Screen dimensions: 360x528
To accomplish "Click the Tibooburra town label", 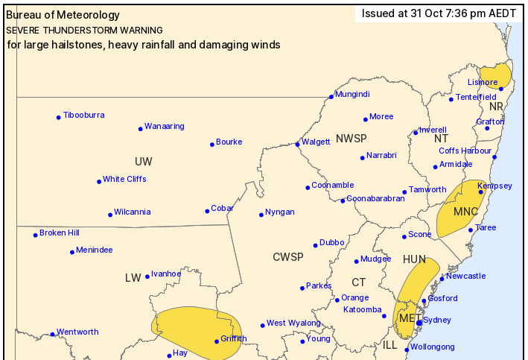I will point(83,116).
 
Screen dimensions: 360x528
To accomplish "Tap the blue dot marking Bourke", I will point(211,144).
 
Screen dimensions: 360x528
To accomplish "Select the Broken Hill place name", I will point(59,233).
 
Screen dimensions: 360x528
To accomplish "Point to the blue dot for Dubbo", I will point(316,244).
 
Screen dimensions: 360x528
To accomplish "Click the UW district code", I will point(144,162).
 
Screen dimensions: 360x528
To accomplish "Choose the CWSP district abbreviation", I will point(287,257).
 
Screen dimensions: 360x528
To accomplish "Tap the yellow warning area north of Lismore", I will point(495,74).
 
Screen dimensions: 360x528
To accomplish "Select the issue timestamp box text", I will point(438,13).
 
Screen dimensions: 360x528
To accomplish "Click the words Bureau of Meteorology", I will point(63,13).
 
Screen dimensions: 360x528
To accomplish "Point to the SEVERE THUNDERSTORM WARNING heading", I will point(84,31).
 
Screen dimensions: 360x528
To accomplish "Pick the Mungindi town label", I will point(352,95).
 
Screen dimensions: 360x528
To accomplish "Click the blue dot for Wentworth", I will point(51,334).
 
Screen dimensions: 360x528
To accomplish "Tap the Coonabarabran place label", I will point(376,198).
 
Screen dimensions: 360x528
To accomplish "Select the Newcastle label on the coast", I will point(467,276).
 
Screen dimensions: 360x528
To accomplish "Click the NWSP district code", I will point(351,139).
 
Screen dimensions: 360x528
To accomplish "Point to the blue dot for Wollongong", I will point(407,349).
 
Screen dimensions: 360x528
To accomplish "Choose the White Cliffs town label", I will point(124,179).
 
